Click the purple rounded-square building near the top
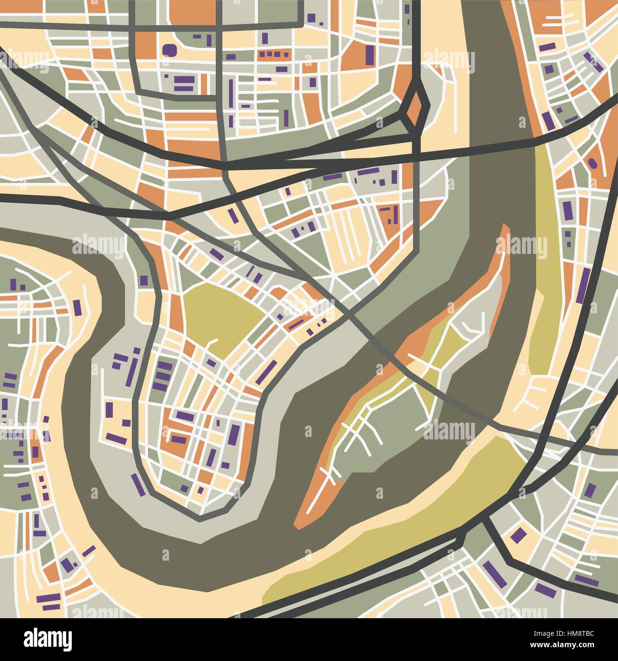169,50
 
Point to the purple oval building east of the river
592,163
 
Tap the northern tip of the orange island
505,228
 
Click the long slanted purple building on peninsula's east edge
267,372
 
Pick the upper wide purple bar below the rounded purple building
184,79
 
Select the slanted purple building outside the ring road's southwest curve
138,483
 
